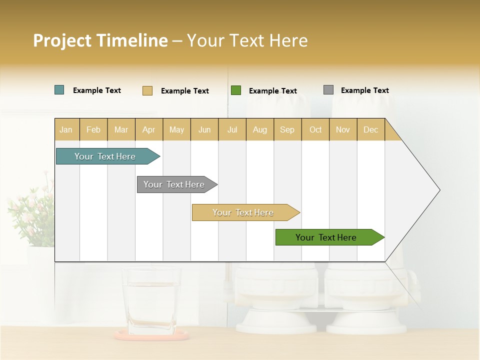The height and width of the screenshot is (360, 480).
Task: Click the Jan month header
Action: (x=66, y=129)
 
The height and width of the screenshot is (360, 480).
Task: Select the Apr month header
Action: (x=149, y=129)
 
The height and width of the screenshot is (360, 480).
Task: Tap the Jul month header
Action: (x=232, y=129)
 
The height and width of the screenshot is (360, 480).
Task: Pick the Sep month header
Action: (x=287, y=129)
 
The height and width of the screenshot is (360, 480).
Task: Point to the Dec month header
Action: (x=370, y=129)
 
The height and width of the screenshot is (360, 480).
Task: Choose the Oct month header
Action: (x=315, y=129)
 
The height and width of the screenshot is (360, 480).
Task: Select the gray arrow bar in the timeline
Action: (x=175, y=184)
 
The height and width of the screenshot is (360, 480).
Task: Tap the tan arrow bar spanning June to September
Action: (x=244, y=212)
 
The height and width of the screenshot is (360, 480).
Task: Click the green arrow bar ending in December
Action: (x=327, y=237)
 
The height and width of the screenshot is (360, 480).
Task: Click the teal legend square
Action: (x=59, y=90)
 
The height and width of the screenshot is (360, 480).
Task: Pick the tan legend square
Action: (x=147, y=90)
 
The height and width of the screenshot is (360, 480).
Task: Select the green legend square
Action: (x=236, y=90)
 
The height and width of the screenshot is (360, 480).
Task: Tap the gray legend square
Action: (x=328, y=90)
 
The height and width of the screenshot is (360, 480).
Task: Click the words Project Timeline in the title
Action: (x=100, y=40)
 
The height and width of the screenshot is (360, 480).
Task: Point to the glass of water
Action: (x=151, y=300)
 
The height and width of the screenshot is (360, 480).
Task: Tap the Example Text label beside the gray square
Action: (x=364, y=90)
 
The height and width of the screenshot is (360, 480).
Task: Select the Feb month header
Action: (x=93, y=129)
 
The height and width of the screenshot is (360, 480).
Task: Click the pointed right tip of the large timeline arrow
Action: (x=438, y=190)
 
